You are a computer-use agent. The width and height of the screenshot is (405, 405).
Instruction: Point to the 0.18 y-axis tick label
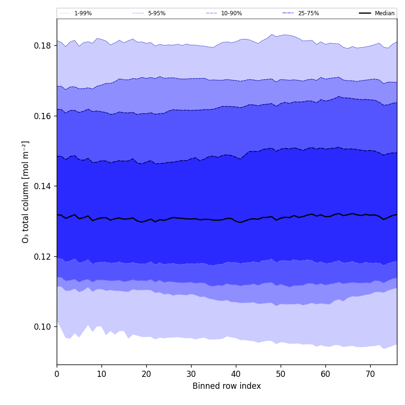click(43, 46)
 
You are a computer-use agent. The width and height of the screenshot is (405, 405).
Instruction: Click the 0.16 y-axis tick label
click(43, 116)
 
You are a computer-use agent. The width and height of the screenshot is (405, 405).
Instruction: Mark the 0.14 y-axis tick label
click(43, 186)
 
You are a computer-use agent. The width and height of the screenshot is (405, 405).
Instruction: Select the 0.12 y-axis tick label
click(43, 256)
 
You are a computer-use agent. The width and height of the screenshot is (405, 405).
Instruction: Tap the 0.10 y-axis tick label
click(43, 327)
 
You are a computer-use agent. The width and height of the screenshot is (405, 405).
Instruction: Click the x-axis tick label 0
click(57, 374)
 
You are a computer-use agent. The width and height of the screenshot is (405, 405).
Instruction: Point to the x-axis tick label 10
click(101, 374)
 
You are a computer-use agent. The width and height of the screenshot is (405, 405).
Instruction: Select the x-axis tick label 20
click(146, 374)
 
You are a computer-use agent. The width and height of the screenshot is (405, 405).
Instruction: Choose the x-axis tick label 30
click(191, 374)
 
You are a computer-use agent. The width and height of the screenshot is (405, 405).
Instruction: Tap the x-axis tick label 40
click(236, 374)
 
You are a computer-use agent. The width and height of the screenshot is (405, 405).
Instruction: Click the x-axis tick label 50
click(281, 374)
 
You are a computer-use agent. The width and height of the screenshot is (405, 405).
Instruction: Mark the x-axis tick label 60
click(325, 374)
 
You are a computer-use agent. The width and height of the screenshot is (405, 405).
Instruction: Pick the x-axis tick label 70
click(370, 374)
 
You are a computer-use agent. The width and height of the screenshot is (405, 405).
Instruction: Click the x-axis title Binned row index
click(227, 386)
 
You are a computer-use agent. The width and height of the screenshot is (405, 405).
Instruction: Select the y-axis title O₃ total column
click(26, 192)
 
